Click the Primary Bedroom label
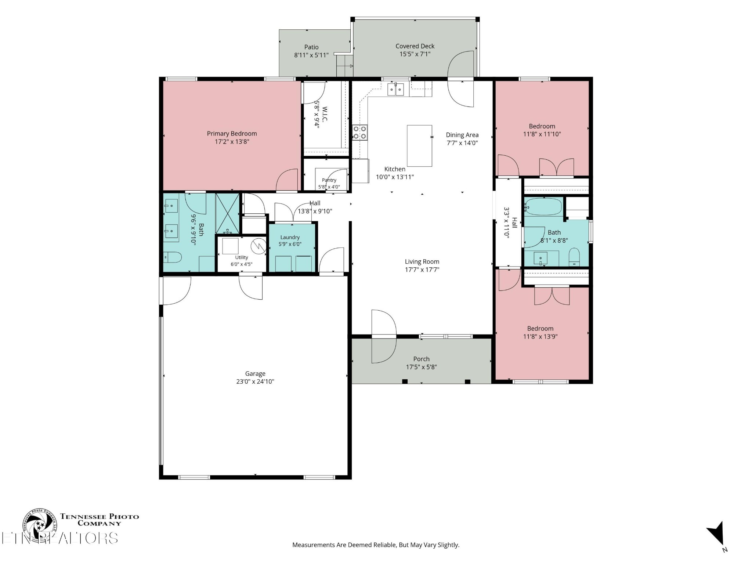click(232, 134)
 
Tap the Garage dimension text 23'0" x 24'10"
click(255, 382)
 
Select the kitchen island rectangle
click(419, 146)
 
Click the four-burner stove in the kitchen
click(360, 133)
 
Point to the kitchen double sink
click(396, 89)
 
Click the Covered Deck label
click(415, 46)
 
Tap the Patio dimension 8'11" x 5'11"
click(311, 55)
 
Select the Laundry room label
click(290, 238)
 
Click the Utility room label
click(242, 257)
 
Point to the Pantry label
click(329, 180)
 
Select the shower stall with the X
click(227, 213)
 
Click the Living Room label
click(422, 262)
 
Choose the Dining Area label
click(462, 135)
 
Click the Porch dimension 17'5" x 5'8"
click(421, 367)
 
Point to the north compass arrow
click(716, 534)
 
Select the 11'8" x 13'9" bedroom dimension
click(540, 336)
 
